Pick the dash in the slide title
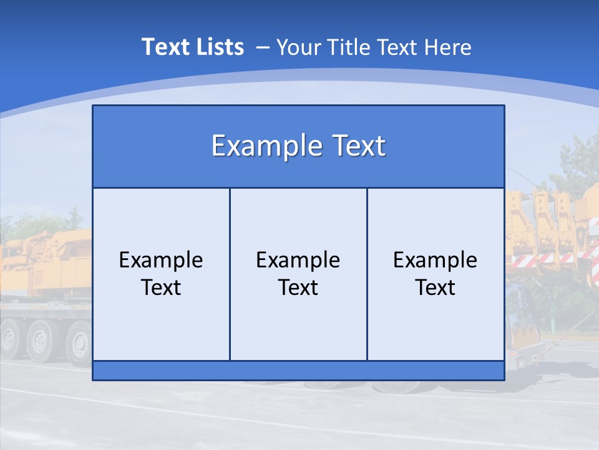point(262,47)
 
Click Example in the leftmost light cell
point(161,260)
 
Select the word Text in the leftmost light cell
point(161,287)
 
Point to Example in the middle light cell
point(298,260)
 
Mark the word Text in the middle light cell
point(298,287)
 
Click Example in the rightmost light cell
point(436,260)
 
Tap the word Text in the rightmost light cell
point(436,287)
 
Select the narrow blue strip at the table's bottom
point(298,370)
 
